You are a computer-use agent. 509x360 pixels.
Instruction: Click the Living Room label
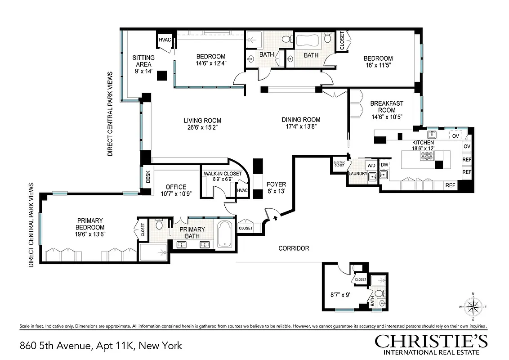(x=202, y=121)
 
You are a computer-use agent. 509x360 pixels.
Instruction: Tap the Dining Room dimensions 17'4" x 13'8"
(x=301, y=126)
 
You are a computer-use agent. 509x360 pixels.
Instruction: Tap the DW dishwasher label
(x=384, y=165)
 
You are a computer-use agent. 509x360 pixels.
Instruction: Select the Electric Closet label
(x=339, y=163)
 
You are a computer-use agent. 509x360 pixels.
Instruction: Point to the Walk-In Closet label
(x=223, y=173)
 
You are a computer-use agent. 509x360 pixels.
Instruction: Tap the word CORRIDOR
(x=294, y=248)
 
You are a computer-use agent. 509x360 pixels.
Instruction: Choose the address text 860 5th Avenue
(x=56, y=346)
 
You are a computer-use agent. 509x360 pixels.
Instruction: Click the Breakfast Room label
(x=387, y=107)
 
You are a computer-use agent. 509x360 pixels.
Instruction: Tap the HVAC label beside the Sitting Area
(x=165, y=40)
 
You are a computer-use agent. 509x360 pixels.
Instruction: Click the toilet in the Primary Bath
(x=159, y=224)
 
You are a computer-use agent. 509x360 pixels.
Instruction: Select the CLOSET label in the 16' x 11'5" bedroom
(x=341, y=40)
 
